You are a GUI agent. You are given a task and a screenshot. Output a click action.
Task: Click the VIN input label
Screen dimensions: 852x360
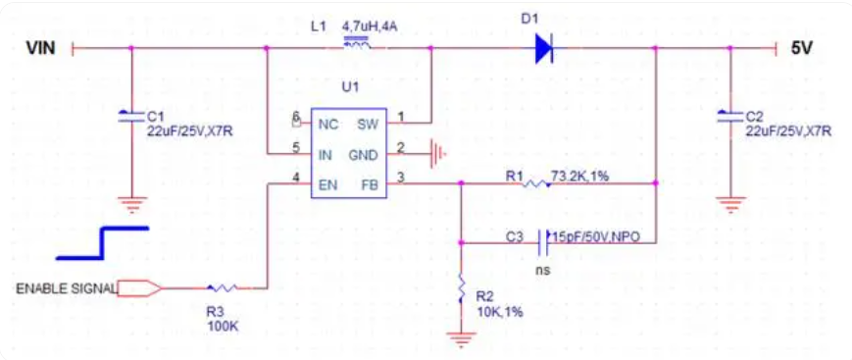point(40,48)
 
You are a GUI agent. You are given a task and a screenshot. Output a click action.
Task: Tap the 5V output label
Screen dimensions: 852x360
point(801,48)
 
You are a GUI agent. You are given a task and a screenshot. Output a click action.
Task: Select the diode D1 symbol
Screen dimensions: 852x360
point(544,48)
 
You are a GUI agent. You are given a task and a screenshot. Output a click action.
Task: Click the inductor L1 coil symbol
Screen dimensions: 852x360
point(357,43)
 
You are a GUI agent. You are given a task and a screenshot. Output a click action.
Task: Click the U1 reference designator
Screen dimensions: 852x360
point(350,87)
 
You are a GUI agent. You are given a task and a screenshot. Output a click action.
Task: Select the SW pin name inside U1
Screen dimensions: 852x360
point(368,125)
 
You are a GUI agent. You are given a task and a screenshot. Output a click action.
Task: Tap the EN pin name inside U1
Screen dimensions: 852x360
point(327,185)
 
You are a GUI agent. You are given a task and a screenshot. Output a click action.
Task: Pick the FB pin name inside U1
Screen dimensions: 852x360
point(370,185)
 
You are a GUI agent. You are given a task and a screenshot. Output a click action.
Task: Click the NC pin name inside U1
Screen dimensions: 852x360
point(328,125)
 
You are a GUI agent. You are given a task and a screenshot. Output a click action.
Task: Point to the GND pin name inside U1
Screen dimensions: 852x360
point(363,156)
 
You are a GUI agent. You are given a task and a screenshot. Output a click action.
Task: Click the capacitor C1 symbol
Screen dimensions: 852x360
point(131,116)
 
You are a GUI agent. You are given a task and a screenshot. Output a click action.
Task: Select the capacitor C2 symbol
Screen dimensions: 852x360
point(729,116)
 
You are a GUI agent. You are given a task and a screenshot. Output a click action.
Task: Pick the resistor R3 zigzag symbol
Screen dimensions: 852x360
point(223,288)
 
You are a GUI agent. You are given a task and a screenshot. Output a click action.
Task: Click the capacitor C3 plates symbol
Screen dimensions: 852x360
point(543,242)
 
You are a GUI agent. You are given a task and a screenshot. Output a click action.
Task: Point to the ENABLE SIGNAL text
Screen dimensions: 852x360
point(67,288)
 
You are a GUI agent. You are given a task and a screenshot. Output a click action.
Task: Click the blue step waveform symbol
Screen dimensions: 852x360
point(102,242)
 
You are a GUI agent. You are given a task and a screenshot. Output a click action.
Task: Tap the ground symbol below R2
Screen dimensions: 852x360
point(461,339)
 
